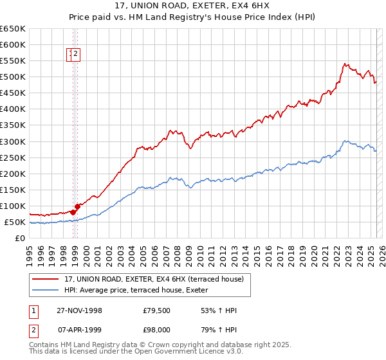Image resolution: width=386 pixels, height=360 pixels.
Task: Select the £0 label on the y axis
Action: [19, 239]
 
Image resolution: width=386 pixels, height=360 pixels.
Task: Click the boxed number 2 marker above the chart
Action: [76, 55]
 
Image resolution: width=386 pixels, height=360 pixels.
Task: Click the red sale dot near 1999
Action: [77, 206]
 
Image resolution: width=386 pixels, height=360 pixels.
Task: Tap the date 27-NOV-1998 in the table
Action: [80, 310]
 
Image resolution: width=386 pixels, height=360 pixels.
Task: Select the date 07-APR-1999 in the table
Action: [80, 331]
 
